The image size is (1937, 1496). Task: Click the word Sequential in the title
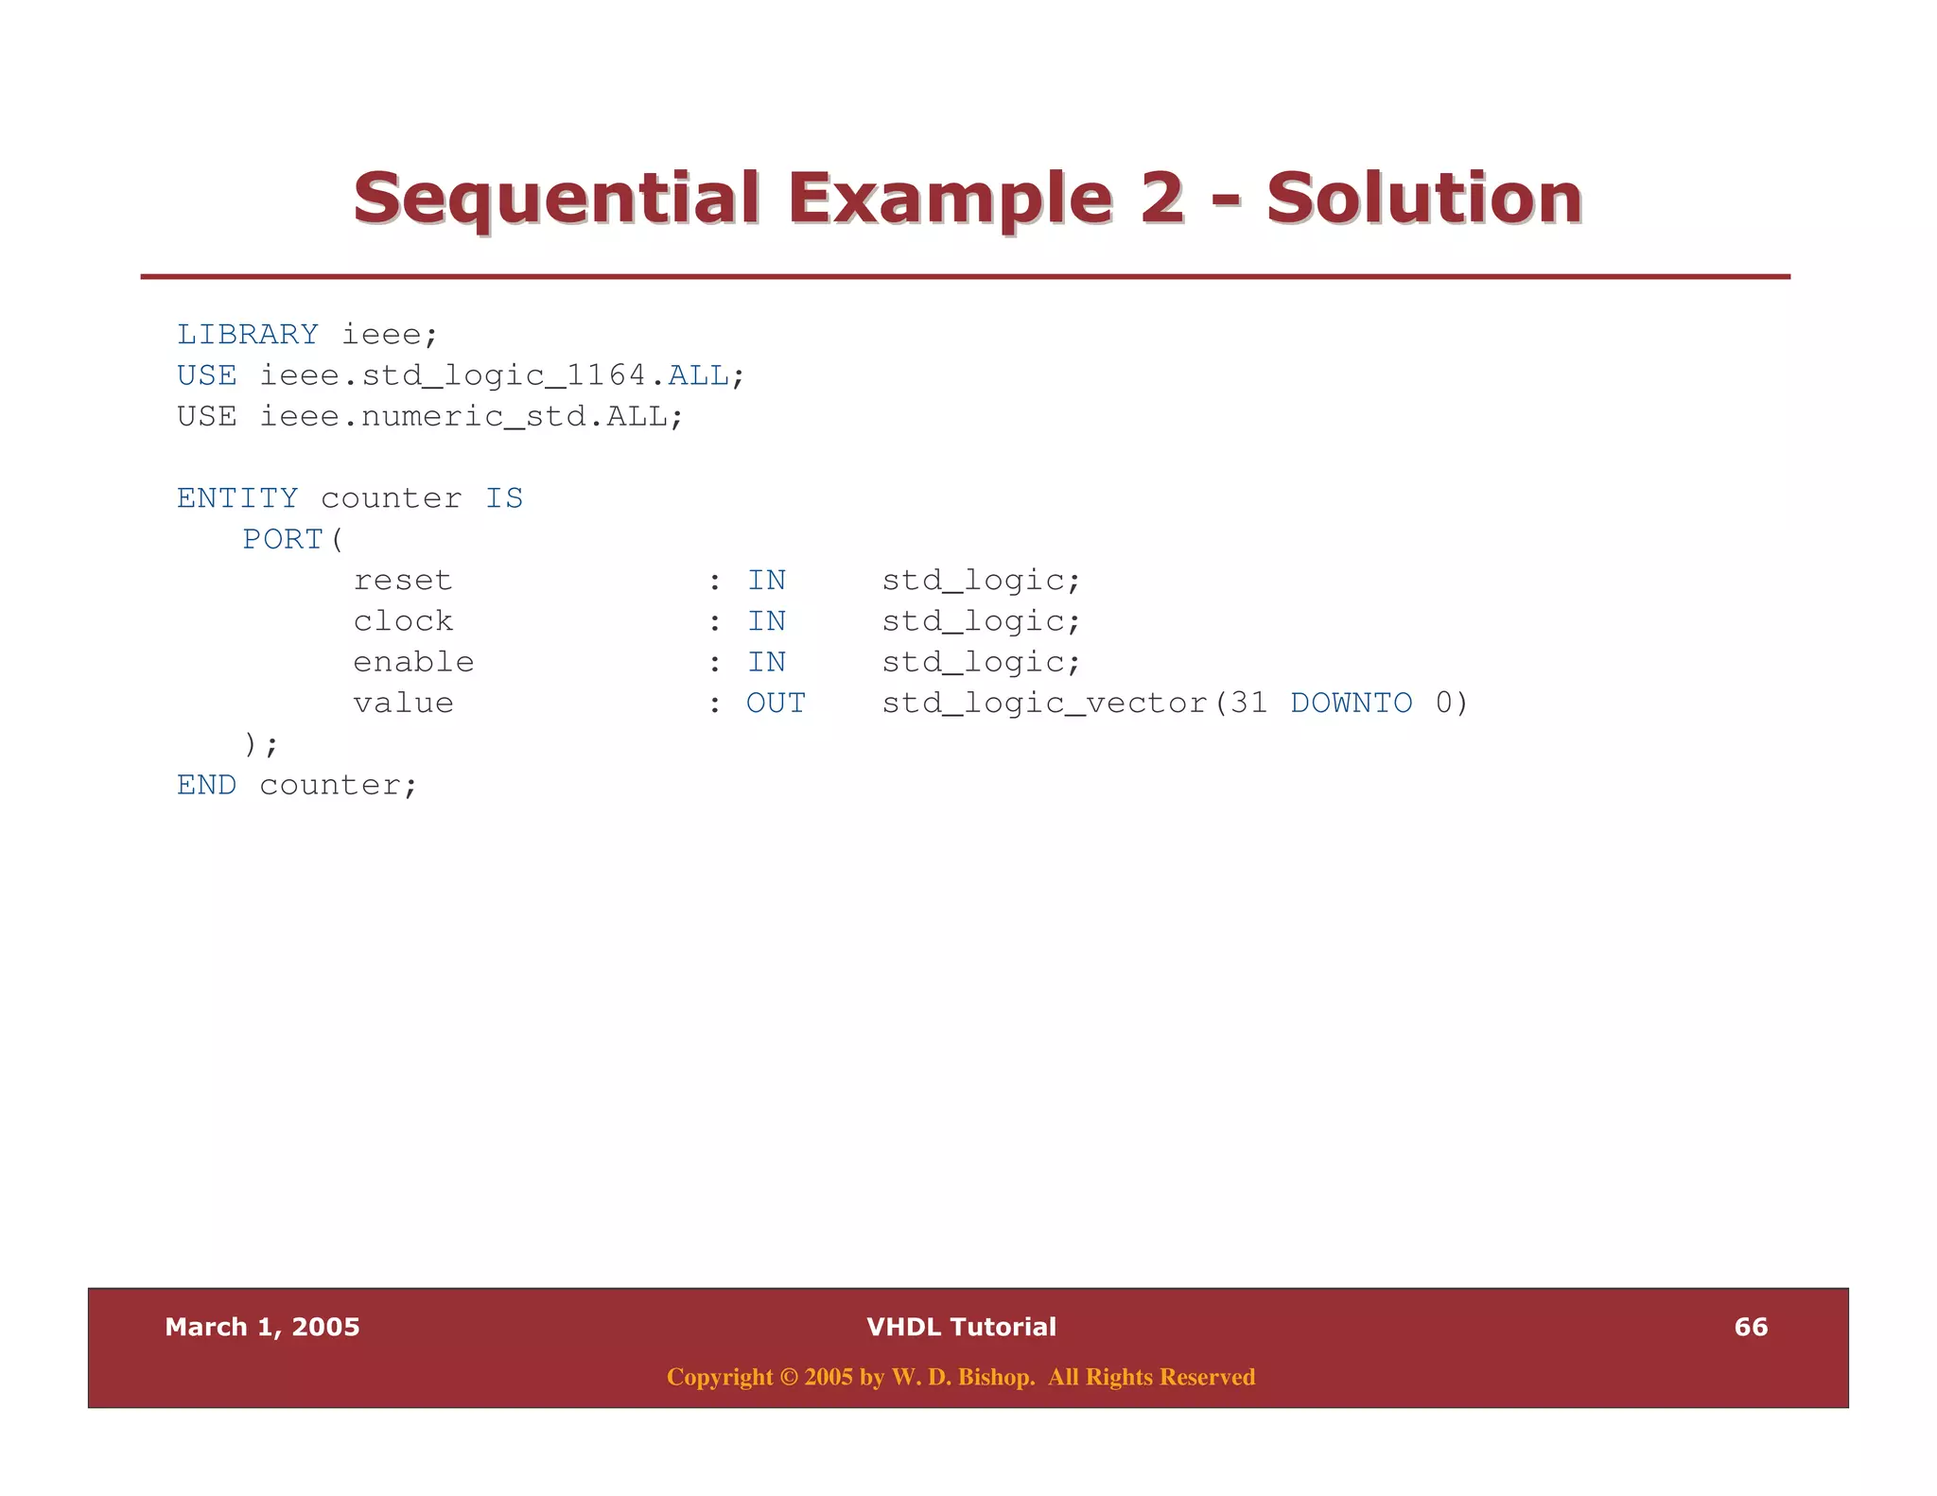(x=556, y=199)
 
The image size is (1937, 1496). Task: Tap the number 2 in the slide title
(x=1161, y=199)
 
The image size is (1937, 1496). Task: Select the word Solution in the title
(x=1423, y=199)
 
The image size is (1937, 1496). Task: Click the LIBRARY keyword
(x=248, y=334)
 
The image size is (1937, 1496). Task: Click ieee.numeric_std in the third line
(x=424, y=416)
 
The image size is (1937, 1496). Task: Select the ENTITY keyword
(x=237, y=497)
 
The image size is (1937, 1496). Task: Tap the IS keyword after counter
(x=504, y=497)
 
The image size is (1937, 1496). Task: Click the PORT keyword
(x=283, y=539)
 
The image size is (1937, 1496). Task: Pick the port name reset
(x=403, y=580)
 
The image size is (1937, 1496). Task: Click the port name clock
(x=403, y=621)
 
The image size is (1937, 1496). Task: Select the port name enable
(x=413, y=662)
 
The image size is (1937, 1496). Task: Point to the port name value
(x=403, y=703)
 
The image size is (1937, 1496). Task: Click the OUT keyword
(x=776, y=703)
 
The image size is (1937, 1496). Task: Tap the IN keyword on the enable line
(x=766, y=662)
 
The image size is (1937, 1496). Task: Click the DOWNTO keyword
(x=1351, y=703)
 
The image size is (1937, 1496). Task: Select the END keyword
(x=206, y=785)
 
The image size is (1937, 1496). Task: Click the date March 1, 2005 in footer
(x=262, y=1327)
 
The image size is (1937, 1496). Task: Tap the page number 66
(x=1751, y=1327)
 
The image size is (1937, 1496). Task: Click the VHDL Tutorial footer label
(x=961, y=1327)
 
